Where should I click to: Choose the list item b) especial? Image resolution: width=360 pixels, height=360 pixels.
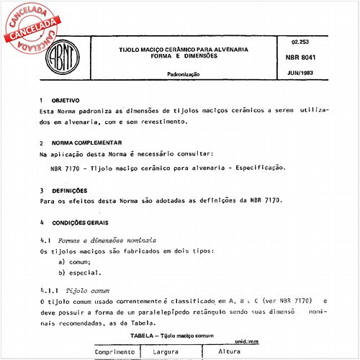(80, 273)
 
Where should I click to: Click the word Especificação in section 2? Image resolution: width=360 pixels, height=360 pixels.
(258, 168)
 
